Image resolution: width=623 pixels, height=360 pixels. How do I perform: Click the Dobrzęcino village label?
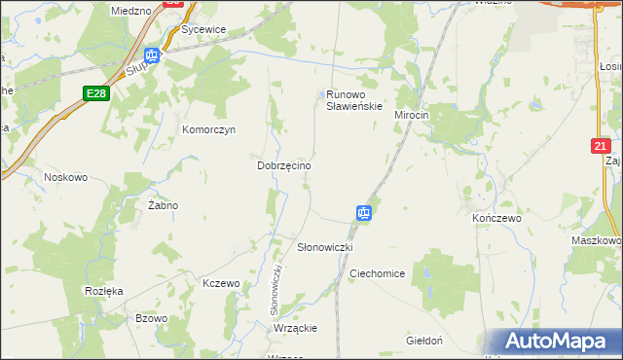[x=283, y=166]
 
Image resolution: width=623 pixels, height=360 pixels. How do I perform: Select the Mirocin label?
[x=412, y=115]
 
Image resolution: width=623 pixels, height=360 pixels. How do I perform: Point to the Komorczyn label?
[x=209, y=129]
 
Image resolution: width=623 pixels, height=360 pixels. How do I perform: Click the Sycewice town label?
[x=203, y=29]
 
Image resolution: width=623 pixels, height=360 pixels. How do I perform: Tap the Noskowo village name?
[x=66, y=177]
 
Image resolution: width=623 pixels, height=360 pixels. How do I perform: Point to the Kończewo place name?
[x=496, y=218]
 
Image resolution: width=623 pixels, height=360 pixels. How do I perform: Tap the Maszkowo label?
[x=598, y=240]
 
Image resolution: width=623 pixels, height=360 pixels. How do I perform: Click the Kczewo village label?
[x=221, y=283]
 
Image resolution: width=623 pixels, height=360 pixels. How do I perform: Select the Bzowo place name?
[x=152, y=318]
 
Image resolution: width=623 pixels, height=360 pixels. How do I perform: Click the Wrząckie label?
[x=296, y=328]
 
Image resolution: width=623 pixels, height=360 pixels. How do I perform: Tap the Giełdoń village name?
[x=424, y=341]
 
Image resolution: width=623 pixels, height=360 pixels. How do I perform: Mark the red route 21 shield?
[x=602, y=146]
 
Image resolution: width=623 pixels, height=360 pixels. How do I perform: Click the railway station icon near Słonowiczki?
[x=363, y=212]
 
